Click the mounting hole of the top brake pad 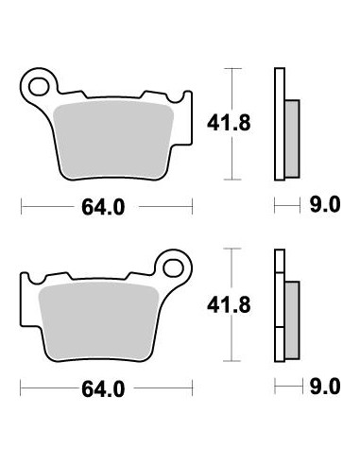[39, 88]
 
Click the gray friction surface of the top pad [105, 137]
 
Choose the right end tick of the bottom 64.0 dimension [193, 388]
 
